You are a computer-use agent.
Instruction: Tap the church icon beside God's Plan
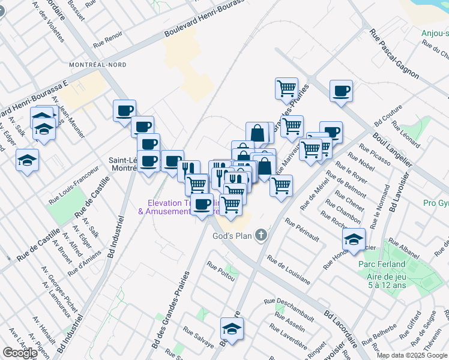(x=261, y=235)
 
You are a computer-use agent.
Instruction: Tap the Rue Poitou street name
(x=220, y=269)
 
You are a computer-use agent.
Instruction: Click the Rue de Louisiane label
(x=289, y=271)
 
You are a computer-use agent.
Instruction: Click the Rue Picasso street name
(x=375, y=154)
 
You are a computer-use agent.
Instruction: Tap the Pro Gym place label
(x=436, y=203)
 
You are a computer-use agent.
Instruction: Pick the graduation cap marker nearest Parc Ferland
(x=354, y=239)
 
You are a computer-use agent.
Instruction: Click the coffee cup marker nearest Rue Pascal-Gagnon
(x=341, y=91)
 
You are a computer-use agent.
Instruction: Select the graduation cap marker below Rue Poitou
(x=232, y=328)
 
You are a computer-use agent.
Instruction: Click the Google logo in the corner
(x=20, y=353)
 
